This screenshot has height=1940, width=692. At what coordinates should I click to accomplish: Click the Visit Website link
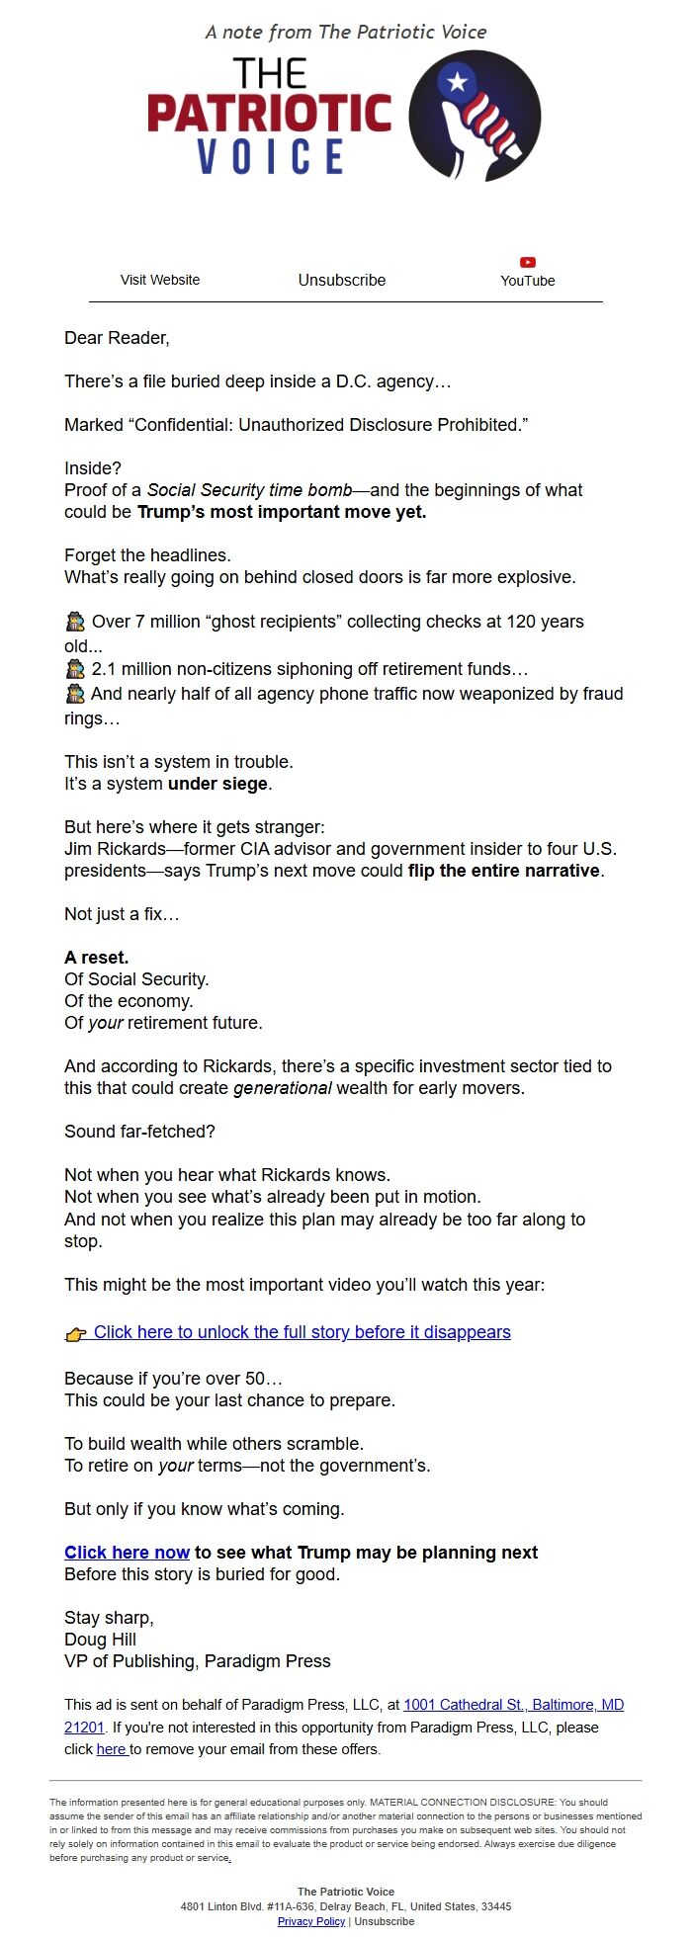pos(160,280)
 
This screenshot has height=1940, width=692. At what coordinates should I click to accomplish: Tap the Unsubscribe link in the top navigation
pos(342,280)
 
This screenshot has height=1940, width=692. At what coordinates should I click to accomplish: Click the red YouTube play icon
pos(528,263)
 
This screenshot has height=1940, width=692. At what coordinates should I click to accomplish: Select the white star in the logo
pos(457,82)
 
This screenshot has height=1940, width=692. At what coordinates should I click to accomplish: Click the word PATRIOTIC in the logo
pos(270,115)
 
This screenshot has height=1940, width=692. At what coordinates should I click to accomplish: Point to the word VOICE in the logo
pos(270,157)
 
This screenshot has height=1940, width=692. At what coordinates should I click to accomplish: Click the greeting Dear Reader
pos(117,338)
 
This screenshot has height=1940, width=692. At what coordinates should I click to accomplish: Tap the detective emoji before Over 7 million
pos(75,622)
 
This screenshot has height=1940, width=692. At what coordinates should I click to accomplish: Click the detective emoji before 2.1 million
pos(75,669)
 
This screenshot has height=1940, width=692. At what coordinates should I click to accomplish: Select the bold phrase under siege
pos(218,784)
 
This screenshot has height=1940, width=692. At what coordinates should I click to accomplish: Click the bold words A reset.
pos(97,958)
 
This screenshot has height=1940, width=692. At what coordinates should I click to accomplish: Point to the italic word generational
pos(282,1088)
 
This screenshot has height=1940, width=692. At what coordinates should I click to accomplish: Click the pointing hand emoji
pos(76,1333)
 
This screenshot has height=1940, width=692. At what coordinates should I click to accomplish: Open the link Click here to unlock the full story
pos(302,1332)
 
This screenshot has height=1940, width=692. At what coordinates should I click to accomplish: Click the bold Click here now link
pos(127,1553)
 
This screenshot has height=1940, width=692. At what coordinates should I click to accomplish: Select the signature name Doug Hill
pos(101,1640)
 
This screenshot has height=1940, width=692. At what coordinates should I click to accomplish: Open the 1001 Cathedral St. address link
pos(513,1705)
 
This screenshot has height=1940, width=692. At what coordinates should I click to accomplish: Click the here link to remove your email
pos(111,1749)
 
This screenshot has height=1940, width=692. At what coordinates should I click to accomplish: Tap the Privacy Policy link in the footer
pos(311,1921)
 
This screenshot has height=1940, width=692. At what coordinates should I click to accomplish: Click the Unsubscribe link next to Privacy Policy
pos(385,1921)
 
